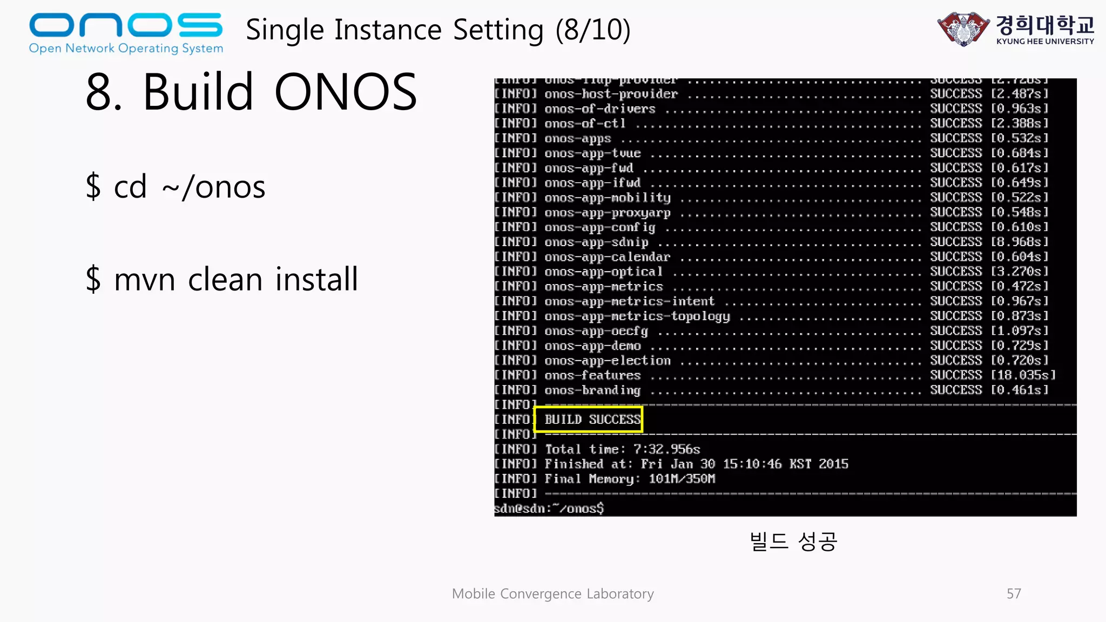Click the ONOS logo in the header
[126, 32]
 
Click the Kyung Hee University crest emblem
[963, 29]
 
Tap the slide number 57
[1014, 594]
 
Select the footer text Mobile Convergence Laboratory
[552, 594]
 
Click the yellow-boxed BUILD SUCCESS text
[592, 420]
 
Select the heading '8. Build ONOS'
[252, 92]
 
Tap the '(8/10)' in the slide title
[593, 30]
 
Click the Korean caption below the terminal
[793, 541]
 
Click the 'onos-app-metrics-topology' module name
[637, 316]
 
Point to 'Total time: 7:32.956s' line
[622, 449]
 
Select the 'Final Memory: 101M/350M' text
[630, 479]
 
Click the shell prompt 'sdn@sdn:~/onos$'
[549, 509]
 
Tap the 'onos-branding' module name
[592, 390]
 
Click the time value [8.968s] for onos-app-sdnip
[1019, 242]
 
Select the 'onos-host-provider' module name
[611, 94]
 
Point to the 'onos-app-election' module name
[608, 361]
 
